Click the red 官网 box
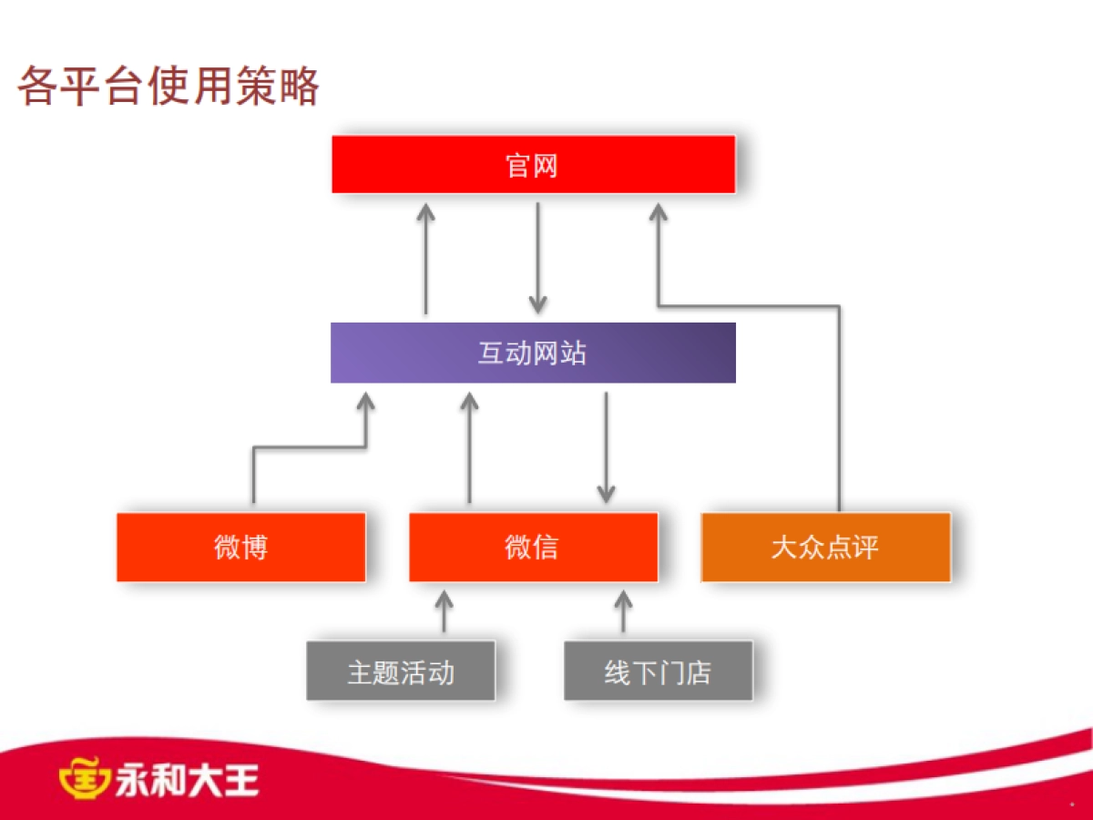tap(533, 165)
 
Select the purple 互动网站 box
tap(533, 353)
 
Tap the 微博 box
tap(241, 547)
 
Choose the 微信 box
tap(533, 547)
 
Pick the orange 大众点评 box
tap(825, 547)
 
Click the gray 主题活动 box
tap(401, 671)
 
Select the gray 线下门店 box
tap(658, 671)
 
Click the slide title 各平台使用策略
tap(169, 87)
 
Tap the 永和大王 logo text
tap(187, 780)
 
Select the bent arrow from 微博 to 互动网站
tap(310, 447)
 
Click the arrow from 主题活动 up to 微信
tap(444, 611)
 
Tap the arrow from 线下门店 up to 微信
tap(623, 611)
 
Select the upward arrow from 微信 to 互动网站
tap(469, 446)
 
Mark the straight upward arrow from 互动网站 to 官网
tap(425, 259)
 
